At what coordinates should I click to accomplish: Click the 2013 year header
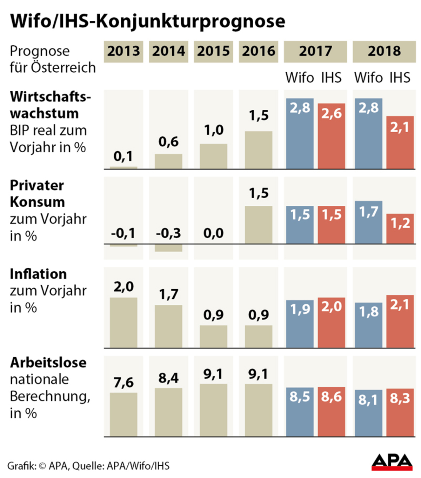[123, 52]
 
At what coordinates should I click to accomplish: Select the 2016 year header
[259, 52]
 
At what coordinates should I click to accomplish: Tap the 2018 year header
[384, 52]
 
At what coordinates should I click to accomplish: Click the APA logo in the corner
[392, 462]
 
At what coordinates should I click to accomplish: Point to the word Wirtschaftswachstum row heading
[50, 105]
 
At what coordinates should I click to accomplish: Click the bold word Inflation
[38, 274]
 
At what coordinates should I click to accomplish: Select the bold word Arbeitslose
[48, 363]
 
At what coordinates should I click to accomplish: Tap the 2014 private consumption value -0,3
[168, 233]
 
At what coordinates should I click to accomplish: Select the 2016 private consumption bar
[259, 225]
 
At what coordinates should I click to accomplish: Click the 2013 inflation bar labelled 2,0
[123, 323]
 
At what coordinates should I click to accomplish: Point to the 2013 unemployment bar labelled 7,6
[123, 414]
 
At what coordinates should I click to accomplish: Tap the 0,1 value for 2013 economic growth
[123, 157]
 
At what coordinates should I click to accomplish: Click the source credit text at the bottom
[88, 466]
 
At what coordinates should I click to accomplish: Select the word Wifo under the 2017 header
[299, 78]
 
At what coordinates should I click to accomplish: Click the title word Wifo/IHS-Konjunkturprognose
[148, 21]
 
